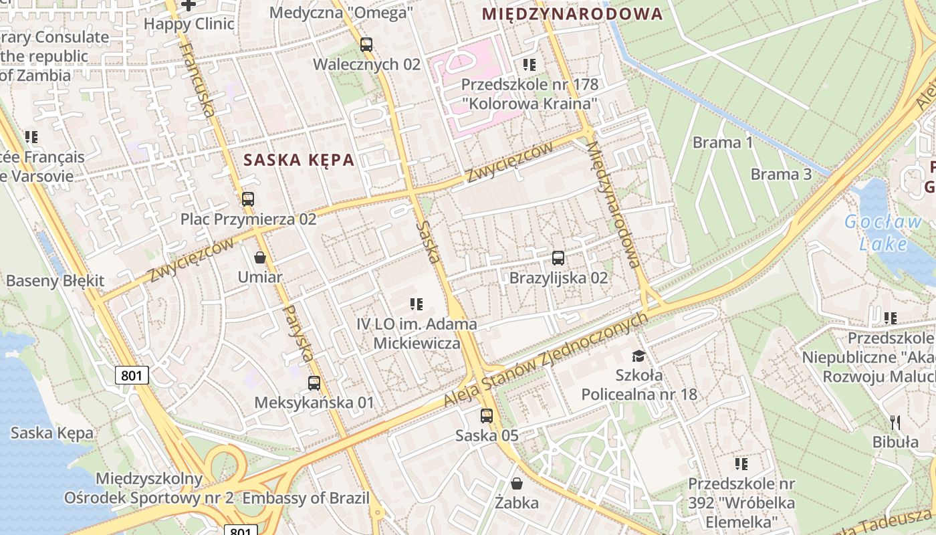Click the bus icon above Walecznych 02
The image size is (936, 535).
pos(366,45)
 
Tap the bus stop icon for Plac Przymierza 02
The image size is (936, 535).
pos(248,199)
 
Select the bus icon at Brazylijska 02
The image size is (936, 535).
pos(558,257)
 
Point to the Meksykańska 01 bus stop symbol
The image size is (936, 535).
pos(314,383)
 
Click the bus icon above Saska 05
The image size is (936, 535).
pos(487,415)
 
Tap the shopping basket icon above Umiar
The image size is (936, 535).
pos(260,257)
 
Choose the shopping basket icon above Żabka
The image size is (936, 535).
pos(517,482)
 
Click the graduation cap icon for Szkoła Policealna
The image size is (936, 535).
pos(638,356)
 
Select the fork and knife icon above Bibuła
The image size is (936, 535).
pos(896,422)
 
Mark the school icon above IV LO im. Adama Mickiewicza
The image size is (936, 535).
pos(417,304)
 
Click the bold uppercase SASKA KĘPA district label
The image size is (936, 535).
pos(299,160)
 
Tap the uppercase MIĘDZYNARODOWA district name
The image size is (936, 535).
pos(572,13)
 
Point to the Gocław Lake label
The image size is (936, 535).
pos(883,232)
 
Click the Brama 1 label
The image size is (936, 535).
pos(723,142)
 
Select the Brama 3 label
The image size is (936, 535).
pos(781,175)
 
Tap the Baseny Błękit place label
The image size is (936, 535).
pos(55,280)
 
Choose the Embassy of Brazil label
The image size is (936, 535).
pos(306,498)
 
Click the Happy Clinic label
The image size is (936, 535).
pos(189,24)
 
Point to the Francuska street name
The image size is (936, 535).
pos(198,80)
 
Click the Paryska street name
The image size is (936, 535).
pos(298,333)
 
